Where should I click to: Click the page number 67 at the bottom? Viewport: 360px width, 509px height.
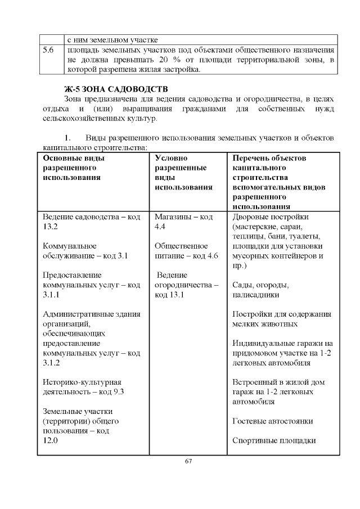point(188,462)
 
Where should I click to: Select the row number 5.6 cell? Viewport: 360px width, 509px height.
point(48,51)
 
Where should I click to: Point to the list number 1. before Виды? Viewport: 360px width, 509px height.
point(68,138)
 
